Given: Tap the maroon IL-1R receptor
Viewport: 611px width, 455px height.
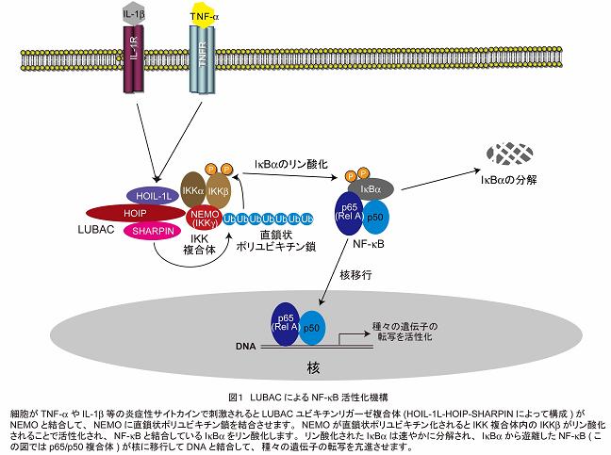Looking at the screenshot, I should tap(132, 66).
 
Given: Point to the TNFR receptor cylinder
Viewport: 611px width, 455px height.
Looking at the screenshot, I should tap(202, 66).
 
